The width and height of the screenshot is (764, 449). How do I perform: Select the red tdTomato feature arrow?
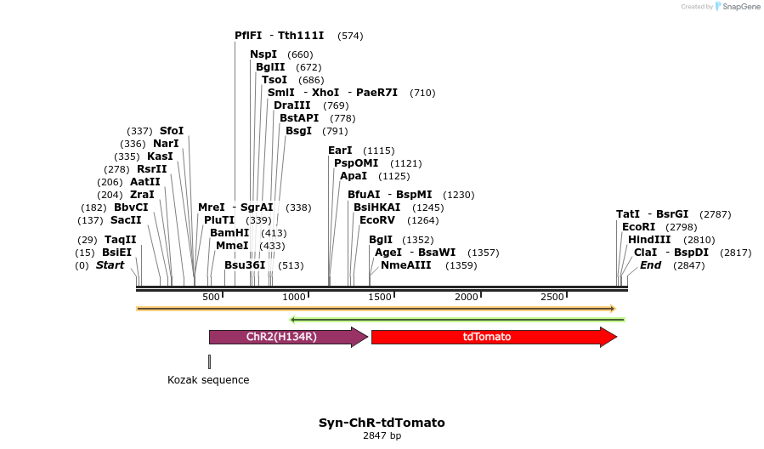pyautogui.click(x=493, y=337)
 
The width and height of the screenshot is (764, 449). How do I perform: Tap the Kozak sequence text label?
pyautogui.click(x=208, y=380)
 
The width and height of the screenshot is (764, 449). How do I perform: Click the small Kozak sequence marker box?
pyautogui.click(x=209, y=361)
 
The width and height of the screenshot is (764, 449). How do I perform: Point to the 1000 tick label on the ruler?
pyautogui.click(x=294, y=297)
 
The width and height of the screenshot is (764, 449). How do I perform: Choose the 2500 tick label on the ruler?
pyautogui.click(x=552, y=297)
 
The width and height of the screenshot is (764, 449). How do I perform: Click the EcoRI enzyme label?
pyautogui.click(x=638, y=227)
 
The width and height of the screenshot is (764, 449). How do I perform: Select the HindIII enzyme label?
pyautogui.click(x=648, y=240)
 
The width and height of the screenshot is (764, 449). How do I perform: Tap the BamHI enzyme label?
pyautogui.click(x=229, y=232)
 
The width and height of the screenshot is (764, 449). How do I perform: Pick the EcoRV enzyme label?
pyautogui.click(x=377, y=219)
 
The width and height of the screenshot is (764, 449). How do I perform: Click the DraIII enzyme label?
pyautogui.click(x=293, y=105)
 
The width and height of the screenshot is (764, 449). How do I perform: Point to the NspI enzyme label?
pyautogui.click(x=263, y=54)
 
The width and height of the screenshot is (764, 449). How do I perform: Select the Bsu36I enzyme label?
pyautogui.click(x=245, y=264)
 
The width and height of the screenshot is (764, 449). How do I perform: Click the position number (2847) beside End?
pyautogui.click(x=688, y=265)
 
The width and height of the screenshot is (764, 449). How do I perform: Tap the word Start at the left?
pyautogui.click(x=110, y=265)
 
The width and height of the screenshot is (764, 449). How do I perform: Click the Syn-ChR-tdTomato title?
pyautogui.click(x=382, y=423)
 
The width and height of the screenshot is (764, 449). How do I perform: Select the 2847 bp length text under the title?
pyautogui.click(x=382, y=436)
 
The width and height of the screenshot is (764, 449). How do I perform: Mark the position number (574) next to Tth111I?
pyautogui.click(x=350, y=36)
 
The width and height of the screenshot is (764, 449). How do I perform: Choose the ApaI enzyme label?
pyautogui.click(x=354, y=176)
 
